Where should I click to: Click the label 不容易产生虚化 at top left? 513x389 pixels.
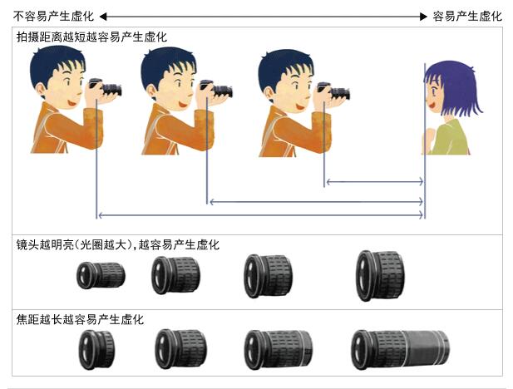click(54, 16)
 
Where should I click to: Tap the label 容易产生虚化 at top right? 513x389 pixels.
click(467, 16)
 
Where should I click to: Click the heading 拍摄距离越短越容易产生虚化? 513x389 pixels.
click(91, 37)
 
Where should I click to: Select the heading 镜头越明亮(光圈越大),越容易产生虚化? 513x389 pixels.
click(118, 244)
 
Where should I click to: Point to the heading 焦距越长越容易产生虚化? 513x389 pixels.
click(80, 319)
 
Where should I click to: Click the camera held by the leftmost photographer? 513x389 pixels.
click(106, 87)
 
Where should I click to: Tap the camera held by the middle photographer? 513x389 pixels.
click(216, 89)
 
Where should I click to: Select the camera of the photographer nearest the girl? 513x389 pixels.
click(333, 91)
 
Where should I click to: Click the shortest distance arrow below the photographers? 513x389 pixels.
click(375, 182)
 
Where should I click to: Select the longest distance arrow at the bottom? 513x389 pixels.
click(261, 215)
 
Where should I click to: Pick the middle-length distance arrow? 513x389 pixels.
click(317, 201)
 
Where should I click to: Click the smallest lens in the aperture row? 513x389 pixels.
click(101, 275)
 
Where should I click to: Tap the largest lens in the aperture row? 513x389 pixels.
click(380, 275)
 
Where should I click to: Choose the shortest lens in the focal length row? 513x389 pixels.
click(97, 349)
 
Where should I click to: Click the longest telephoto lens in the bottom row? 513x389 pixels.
click(401, 349)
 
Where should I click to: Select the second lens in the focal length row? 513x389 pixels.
click(181, 349)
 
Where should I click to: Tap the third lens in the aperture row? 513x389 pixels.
click(269, 276)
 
